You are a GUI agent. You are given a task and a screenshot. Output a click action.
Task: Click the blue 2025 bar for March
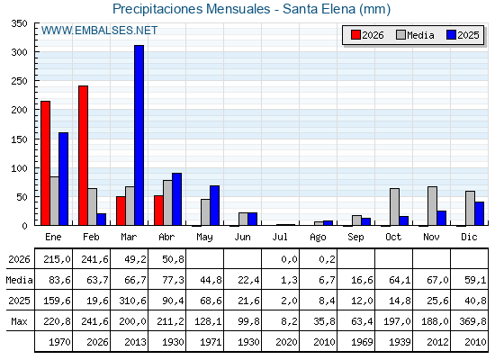pos(139,135)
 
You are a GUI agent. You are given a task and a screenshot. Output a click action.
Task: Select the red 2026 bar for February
pos(83,155)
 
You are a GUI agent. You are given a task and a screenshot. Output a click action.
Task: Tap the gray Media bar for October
pos(394,207)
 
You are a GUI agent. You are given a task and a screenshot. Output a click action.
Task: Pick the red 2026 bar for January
pos(45,163)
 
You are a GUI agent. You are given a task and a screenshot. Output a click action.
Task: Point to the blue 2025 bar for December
pos(479,213)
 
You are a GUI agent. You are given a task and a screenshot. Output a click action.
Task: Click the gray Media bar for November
pos(432,206)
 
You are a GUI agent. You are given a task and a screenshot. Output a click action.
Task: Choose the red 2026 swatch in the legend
pos(355,35)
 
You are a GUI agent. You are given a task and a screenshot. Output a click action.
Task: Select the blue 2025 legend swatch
pos(451,35)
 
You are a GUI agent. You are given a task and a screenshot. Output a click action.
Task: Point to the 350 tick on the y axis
pos(19,23)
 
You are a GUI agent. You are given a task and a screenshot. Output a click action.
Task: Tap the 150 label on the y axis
pos(19,139)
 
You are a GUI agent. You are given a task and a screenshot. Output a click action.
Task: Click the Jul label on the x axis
pos(280,237)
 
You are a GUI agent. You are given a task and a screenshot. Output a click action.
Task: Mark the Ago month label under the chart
pos(318,238)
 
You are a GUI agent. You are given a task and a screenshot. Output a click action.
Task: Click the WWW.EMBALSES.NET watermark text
pos(99,31)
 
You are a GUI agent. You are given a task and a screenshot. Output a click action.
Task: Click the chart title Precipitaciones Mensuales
pos(192,9)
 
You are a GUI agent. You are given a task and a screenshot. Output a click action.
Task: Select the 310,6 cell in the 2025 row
pos(132,301)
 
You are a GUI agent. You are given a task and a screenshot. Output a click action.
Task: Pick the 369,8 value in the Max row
pos(472,321)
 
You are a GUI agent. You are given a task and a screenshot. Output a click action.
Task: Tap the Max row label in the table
pos(19,321)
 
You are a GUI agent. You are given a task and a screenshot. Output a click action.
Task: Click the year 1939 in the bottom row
pos(400,342)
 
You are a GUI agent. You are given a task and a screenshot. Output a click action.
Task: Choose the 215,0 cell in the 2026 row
pos(57,259)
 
